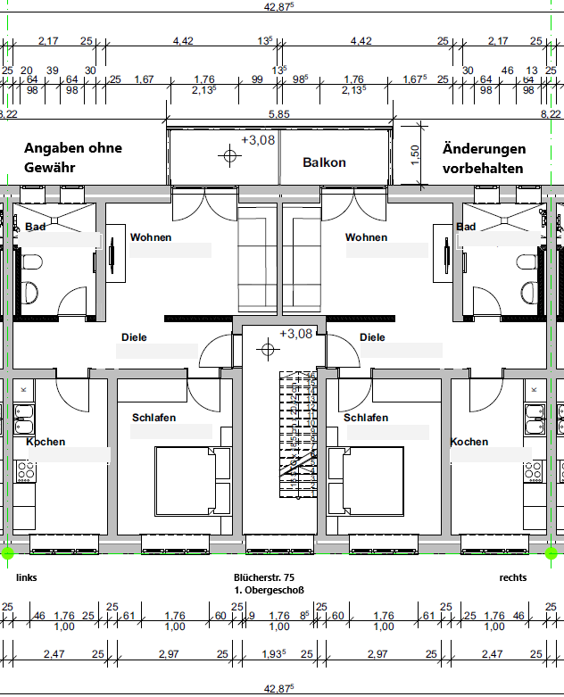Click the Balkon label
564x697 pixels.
click(324, 162)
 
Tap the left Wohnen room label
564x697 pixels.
click(151, 237)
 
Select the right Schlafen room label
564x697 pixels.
click(366, 418)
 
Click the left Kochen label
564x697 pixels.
click(46, 442)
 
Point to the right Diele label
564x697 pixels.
click(372, 337)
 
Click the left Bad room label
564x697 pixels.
click(35, 227)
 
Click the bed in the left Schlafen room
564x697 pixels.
click(193, 481)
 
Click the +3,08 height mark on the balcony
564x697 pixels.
click(258, 140)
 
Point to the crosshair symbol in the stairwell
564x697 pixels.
click(268, 349)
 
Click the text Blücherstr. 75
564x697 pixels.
click(264, 577)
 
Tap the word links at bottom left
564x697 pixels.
click(27, 577)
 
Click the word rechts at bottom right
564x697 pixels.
click(513, 577)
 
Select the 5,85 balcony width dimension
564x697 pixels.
click(279, 114)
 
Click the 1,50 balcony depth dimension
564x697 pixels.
click(415, 155)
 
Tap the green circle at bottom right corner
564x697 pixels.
click(552, 553)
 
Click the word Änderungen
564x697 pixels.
click(484, 149)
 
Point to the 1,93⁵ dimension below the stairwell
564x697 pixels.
click(274, 654)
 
